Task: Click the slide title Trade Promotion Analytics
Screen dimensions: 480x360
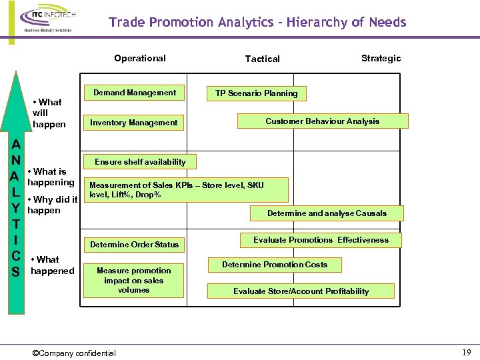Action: point(257,23)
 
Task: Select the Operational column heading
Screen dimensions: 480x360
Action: point(140,58)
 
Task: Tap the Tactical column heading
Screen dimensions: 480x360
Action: point(263,59)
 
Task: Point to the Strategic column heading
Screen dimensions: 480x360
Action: point(381,58)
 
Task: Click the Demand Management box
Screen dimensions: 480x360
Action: point(135,93)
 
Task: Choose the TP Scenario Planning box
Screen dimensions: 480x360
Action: point(256,93)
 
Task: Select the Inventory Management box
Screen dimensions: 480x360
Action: point(134,123)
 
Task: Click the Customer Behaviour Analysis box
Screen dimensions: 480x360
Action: point(322,121)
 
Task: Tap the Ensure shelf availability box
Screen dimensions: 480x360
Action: point(140,162)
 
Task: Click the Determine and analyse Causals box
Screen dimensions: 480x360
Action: point(327,213)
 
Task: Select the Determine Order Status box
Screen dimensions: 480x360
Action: point(135,245)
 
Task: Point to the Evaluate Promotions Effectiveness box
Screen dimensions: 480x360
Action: point(321,240)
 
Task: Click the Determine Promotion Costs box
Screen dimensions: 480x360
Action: point(275,265)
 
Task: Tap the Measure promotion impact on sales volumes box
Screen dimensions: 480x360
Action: point(133,281)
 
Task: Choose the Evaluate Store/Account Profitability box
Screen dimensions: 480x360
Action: point(301,291)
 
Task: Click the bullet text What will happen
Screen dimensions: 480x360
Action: point(48,113)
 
